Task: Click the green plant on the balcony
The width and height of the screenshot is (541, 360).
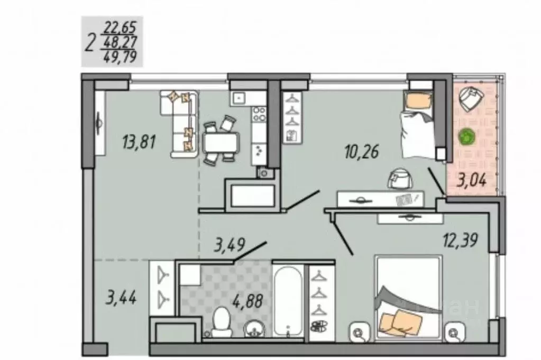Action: [x=466, y=137]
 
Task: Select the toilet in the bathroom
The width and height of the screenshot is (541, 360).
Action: [x=220, y=322]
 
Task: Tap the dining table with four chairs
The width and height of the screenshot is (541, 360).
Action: [x=220, y=142]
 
